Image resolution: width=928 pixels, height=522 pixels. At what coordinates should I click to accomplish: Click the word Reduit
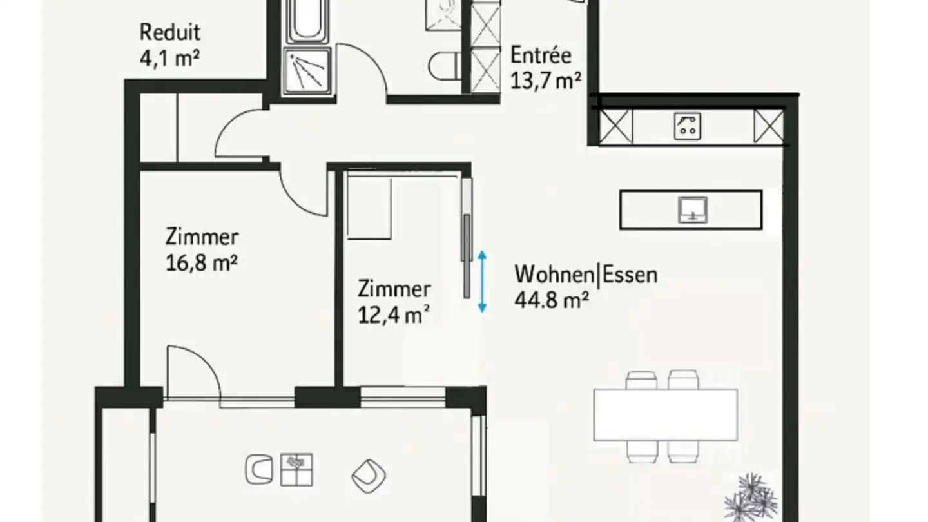click(x=170, y=32)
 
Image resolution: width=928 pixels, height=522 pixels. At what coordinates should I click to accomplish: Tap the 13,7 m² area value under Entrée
click(x=546, y=81)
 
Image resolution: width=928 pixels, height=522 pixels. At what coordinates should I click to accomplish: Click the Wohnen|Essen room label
click(x=586, y=275)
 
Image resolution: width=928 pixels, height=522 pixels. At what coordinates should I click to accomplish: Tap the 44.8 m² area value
click(x=551, y=300)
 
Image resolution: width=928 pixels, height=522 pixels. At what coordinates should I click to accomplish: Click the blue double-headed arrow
click(x=481, y=282)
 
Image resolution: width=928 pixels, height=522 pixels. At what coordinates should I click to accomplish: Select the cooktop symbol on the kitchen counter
click(x=688, y=126)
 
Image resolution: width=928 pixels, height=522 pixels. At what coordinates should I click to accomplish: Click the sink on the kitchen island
click(x=693, y=209)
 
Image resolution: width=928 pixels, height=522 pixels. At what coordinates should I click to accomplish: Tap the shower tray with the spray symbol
click(x=307, y=70)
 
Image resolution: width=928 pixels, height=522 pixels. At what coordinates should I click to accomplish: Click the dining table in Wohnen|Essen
click(x=665, y=414)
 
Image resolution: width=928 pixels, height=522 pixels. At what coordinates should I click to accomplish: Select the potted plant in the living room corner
click(x=751, y=497)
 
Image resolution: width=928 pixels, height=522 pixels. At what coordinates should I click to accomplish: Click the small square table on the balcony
click(x=296, y=469)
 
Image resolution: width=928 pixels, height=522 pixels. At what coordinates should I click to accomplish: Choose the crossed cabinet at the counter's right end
click(x=768, y=126)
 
